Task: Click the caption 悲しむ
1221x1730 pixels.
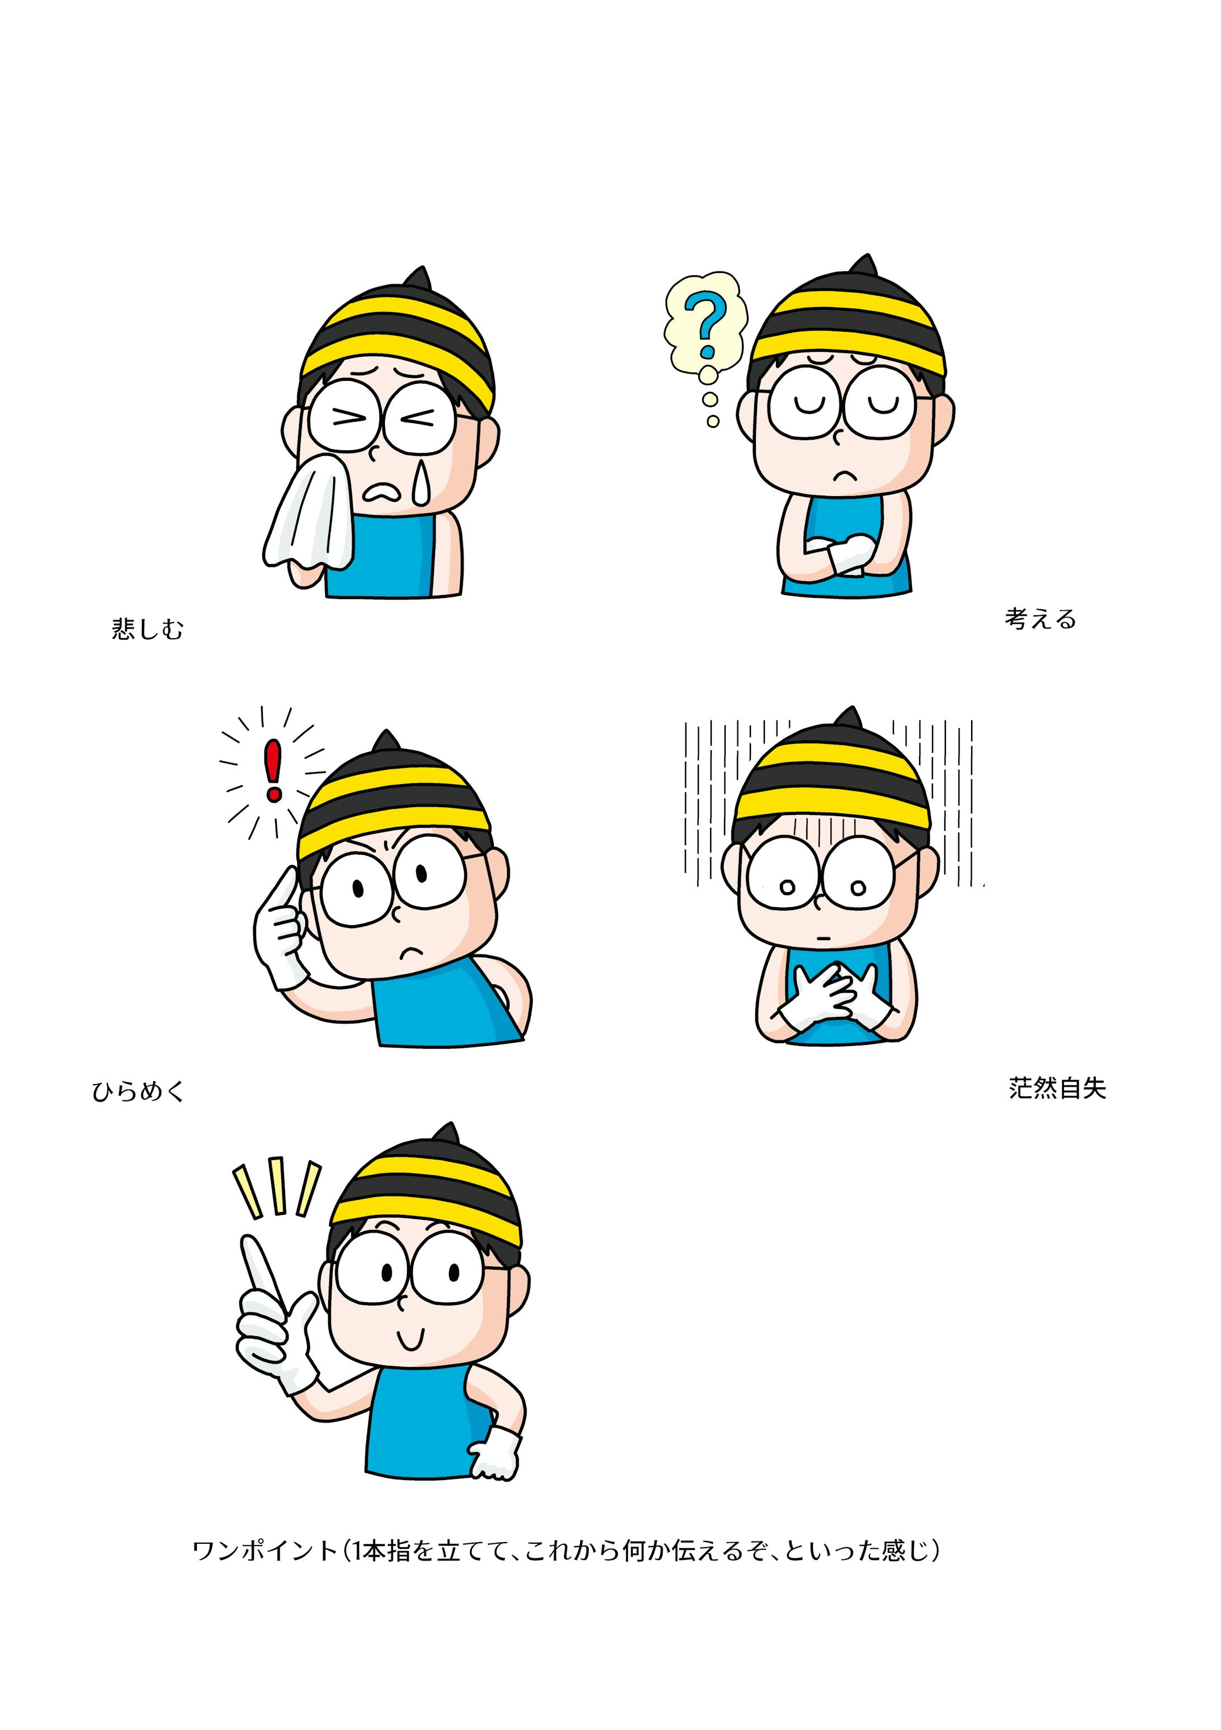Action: point(148,629)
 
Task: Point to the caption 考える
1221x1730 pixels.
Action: point(1040,619)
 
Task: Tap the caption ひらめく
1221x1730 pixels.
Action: point(139,1092)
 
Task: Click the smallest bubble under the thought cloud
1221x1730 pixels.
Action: point(713,421)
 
